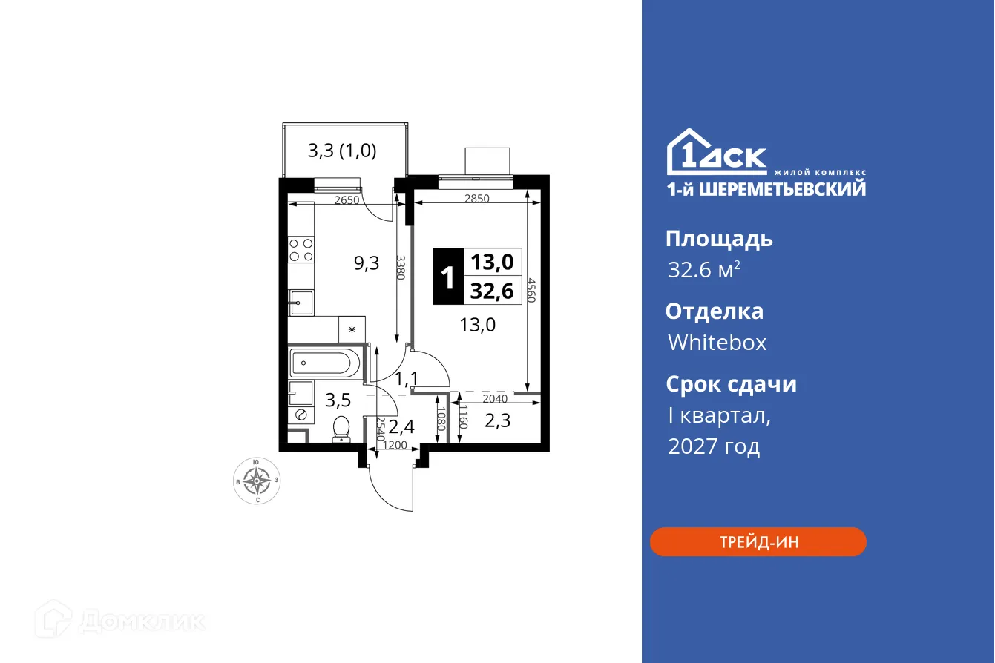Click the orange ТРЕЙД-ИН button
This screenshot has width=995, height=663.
[758, 542]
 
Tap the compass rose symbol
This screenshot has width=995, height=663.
[257, 481]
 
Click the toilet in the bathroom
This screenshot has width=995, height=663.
[341, 429]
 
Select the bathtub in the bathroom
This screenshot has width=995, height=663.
[325, 364]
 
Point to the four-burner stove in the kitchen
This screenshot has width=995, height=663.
[301, 249]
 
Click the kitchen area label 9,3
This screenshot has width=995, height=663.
[366, 263]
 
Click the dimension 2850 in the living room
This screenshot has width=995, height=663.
[476, 199]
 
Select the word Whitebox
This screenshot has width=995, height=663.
[717, 343]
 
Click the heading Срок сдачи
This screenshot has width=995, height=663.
[731, 384]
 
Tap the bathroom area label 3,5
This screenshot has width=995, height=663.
[338, 401]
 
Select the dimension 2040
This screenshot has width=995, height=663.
[495, 399]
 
